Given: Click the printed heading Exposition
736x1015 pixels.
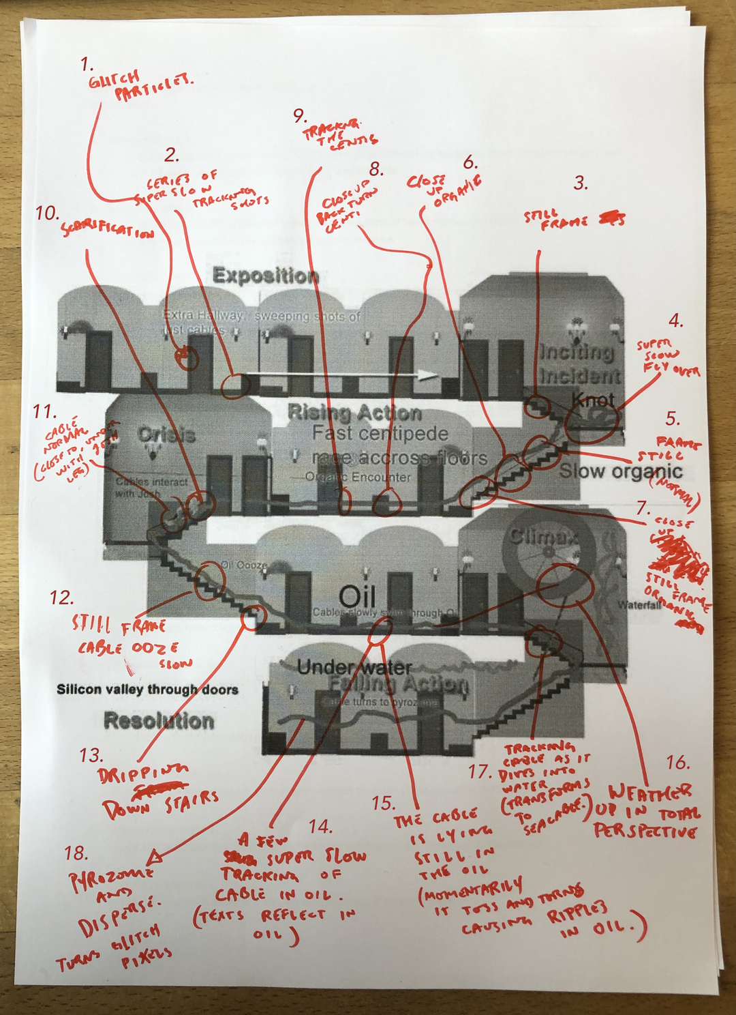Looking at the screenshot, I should click(265, 276).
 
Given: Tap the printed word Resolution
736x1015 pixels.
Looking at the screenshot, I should click(159, 720).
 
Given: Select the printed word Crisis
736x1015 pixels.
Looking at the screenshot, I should click(166, 435).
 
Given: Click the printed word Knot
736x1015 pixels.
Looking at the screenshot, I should click(592, 400).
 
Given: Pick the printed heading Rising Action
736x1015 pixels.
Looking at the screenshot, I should click(354, 413).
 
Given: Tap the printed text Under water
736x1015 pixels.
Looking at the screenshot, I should click(354, 667).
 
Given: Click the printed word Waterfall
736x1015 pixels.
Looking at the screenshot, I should click(639, 604).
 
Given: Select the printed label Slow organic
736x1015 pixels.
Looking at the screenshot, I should click(620, 471).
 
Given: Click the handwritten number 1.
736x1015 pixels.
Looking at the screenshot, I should click(87, 65).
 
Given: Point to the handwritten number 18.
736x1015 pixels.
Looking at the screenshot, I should click(76, 853).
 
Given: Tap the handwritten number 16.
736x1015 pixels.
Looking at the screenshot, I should click(677, 762).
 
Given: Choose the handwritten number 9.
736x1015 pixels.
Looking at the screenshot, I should click(300, 115).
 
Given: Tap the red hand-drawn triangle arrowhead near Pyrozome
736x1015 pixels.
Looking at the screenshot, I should click(155, 855).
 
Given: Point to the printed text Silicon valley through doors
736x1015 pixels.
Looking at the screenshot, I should click(147, 690).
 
